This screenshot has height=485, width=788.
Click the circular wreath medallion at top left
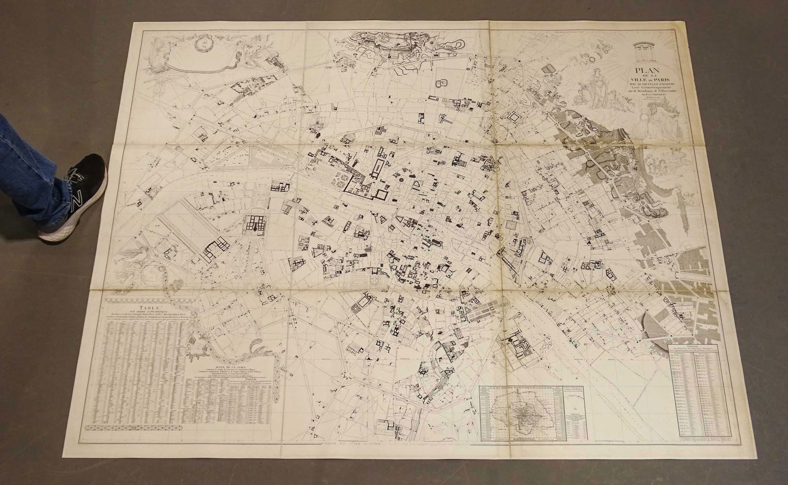[x=203, y=43]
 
